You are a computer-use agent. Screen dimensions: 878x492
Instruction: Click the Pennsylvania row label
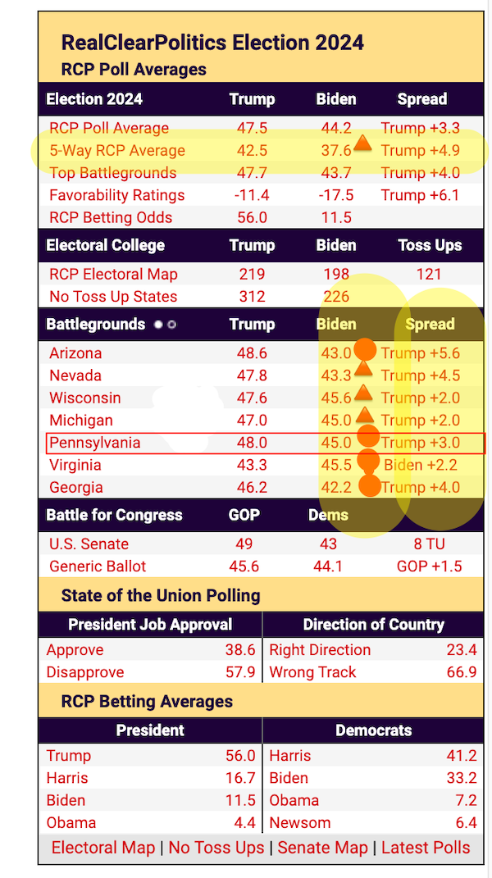(x=94, y=443)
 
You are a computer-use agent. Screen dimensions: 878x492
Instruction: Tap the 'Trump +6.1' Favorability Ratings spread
(x=420, y=195)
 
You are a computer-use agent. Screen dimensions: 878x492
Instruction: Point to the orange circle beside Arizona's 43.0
(x=365, y=351)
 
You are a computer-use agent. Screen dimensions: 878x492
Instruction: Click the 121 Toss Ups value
(x=429, y=275)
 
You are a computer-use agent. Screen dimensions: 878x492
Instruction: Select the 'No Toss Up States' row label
(x=113, y=297)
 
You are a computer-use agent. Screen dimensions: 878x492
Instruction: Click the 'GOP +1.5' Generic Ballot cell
(x=429, y=566)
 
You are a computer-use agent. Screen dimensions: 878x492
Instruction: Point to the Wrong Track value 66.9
(x=462, y=672)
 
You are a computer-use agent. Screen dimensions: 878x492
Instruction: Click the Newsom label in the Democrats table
(x=300, y=822)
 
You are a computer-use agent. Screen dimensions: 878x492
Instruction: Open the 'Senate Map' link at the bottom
(x=322, y=848)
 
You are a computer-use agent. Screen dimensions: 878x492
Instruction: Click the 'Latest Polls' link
(x=426, y=848)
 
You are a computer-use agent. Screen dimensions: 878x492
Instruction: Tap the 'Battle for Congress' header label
(x=113, y=516)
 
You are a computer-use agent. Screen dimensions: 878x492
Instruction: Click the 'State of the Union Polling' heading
(x=161, y=596)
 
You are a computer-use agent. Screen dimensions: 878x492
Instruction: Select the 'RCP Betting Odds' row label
(x=111, y=217)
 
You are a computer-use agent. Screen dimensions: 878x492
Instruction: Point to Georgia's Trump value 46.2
(x=252, y=488)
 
